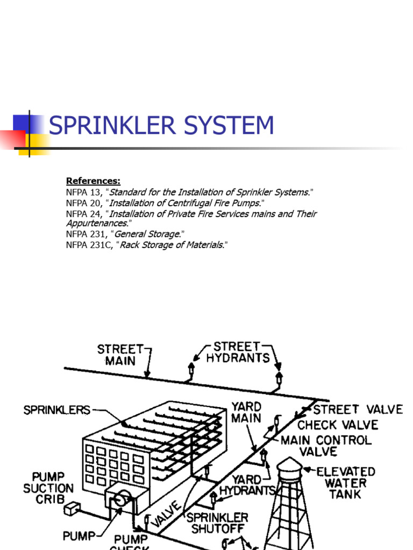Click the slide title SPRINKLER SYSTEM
(x=161, y=126)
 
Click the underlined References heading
(x=93, y=181)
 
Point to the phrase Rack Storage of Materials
(x=171, y=244)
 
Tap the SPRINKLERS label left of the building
(x=57, y=410)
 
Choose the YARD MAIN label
(x=246, y=412)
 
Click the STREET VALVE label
(x=358, y=409)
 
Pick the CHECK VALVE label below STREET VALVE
(x=337, y=425)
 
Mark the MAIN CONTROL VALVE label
(x=326, y=446)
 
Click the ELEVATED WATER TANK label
(x=345, y=482)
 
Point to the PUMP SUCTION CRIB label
(x=48, y=488)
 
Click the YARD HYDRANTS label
(x=246, y=484)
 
